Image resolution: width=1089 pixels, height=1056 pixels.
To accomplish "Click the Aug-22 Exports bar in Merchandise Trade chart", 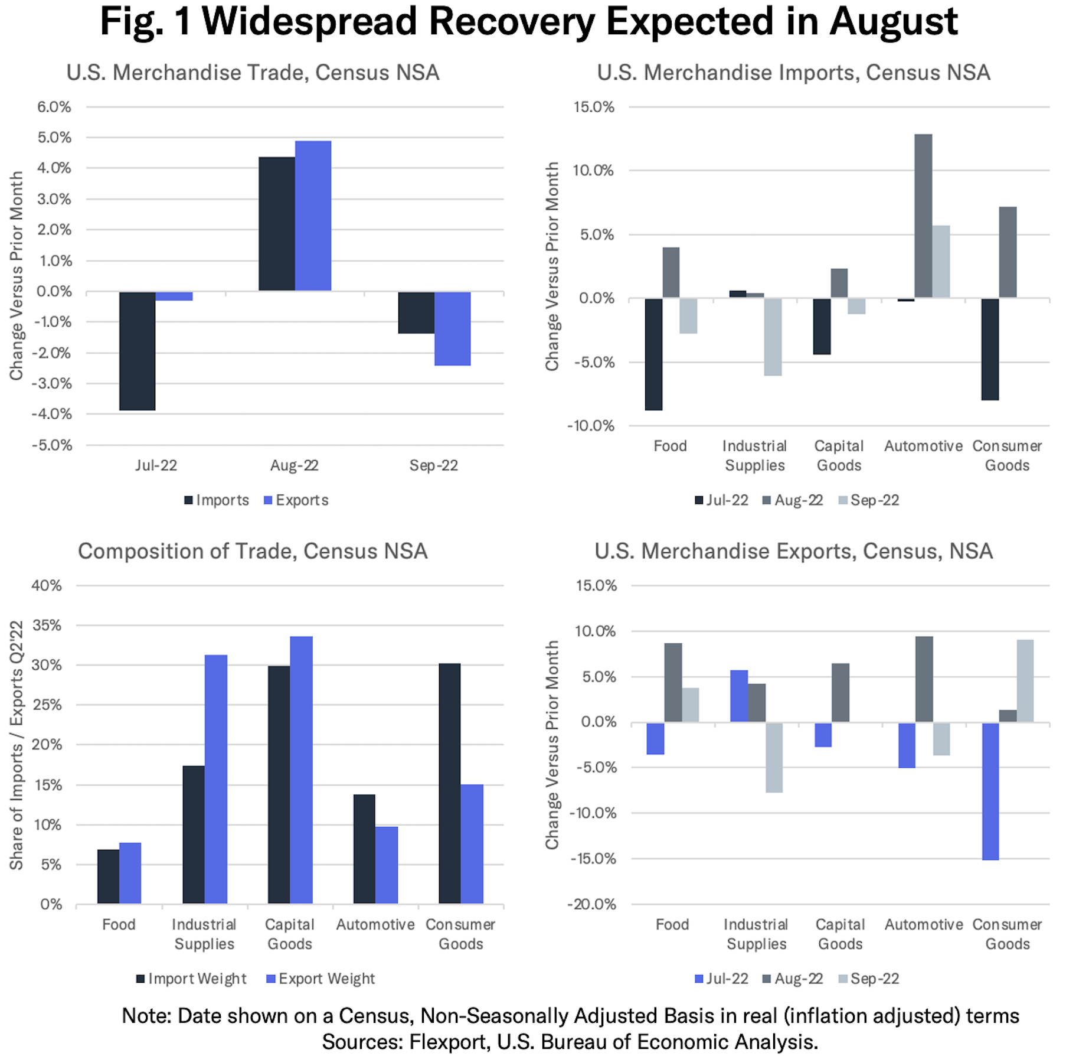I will [313, 216].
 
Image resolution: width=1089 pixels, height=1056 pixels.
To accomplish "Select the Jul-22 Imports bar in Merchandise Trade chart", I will [138, 351].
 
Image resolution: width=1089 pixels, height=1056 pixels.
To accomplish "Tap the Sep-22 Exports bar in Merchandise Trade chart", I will [452, 328].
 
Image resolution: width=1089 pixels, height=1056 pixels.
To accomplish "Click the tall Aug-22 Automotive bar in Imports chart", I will [923, 216].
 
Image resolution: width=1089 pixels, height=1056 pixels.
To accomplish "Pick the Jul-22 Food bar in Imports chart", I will [653, 354].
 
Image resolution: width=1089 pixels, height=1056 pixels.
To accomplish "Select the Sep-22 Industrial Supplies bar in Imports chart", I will [773, 337].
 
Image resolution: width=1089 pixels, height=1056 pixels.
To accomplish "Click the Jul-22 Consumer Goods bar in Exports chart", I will [990, 791].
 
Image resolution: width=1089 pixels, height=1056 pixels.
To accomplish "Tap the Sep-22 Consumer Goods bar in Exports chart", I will [1025, 681].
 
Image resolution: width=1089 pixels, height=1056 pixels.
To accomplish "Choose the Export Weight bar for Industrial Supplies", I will [216, 779].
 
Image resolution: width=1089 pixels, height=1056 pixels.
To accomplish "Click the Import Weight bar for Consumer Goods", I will [450, 783].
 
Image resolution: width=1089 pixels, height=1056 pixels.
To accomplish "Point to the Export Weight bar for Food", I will [130, 873].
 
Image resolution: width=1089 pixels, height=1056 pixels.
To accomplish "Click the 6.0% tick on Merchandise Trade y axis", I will [54, 107].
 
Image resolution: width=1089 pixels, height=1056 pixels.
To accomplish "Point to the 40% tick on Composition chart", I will [47, 585].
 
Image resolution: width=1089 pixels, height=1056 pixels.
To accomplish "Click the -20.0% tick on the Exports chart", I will [591, 904].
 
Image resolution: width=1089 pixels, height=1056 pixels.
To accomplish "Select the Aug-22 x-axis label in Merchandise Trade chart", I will [295, 465].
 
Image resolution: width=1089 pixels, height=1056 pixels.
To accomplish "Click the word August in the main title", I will [893, 21].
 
